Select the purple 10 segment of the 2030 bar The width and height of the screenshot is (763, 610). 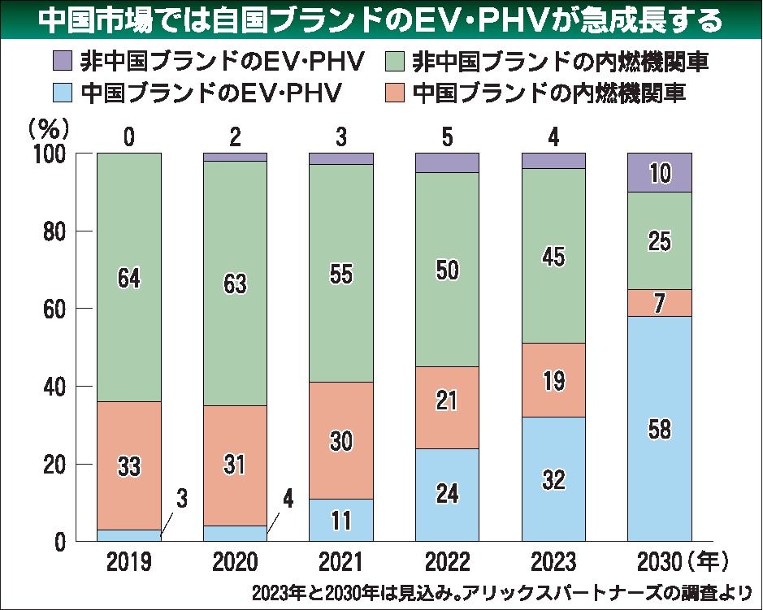659,172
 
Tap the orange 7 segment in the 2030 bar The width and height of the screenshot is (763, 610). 659,303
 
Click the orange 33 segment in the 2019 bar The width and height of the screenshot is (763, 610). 128,465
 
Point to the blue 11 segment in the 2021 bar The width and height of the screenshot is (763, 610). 341,520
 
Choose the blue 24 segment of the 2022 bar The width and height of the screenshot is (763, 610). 447,495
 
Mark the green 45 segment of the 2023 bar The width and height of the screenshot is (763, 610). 553,256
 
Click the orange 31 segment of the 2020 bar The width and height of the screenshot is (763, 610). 235,465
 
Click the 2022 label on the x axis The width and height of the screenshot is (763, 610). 447,560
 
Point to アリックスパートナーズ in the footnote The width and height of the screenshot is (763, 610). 561,591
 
